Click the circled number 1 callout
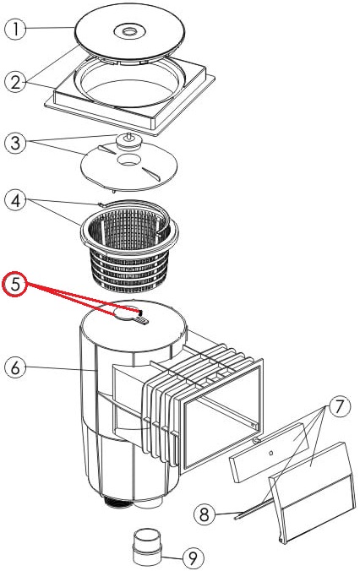coord(15,29)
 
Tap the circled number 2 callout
coord(15,82)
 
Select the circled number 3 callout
coord(15,142)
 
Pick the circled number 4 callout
coord(15,201)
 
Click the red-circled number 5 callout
coord(15,284)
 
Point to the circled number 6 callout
coord(15,367)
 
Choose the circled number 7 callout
coord(340,405)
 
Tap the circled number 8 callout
coord(205,514)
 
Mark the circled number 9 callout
coord(193,557)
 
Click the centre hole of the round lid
coord(129,32)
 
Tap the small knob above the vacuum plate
coord(128,140)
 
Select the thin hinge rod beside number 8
coord(254,508)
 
